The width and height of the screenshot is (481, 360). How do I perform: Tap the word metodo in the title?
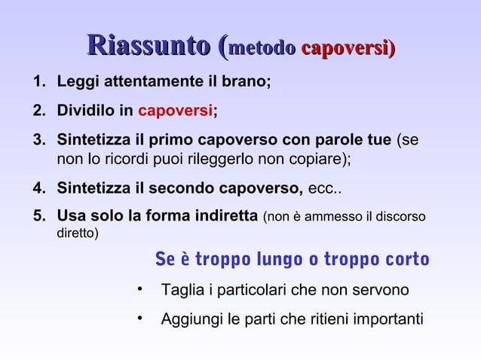point(260,47)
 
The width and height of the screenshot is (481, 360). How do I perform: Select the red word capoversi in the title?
point(345,47)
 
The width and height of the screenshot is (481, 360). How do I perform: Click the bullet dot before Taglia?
point(141,289)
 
